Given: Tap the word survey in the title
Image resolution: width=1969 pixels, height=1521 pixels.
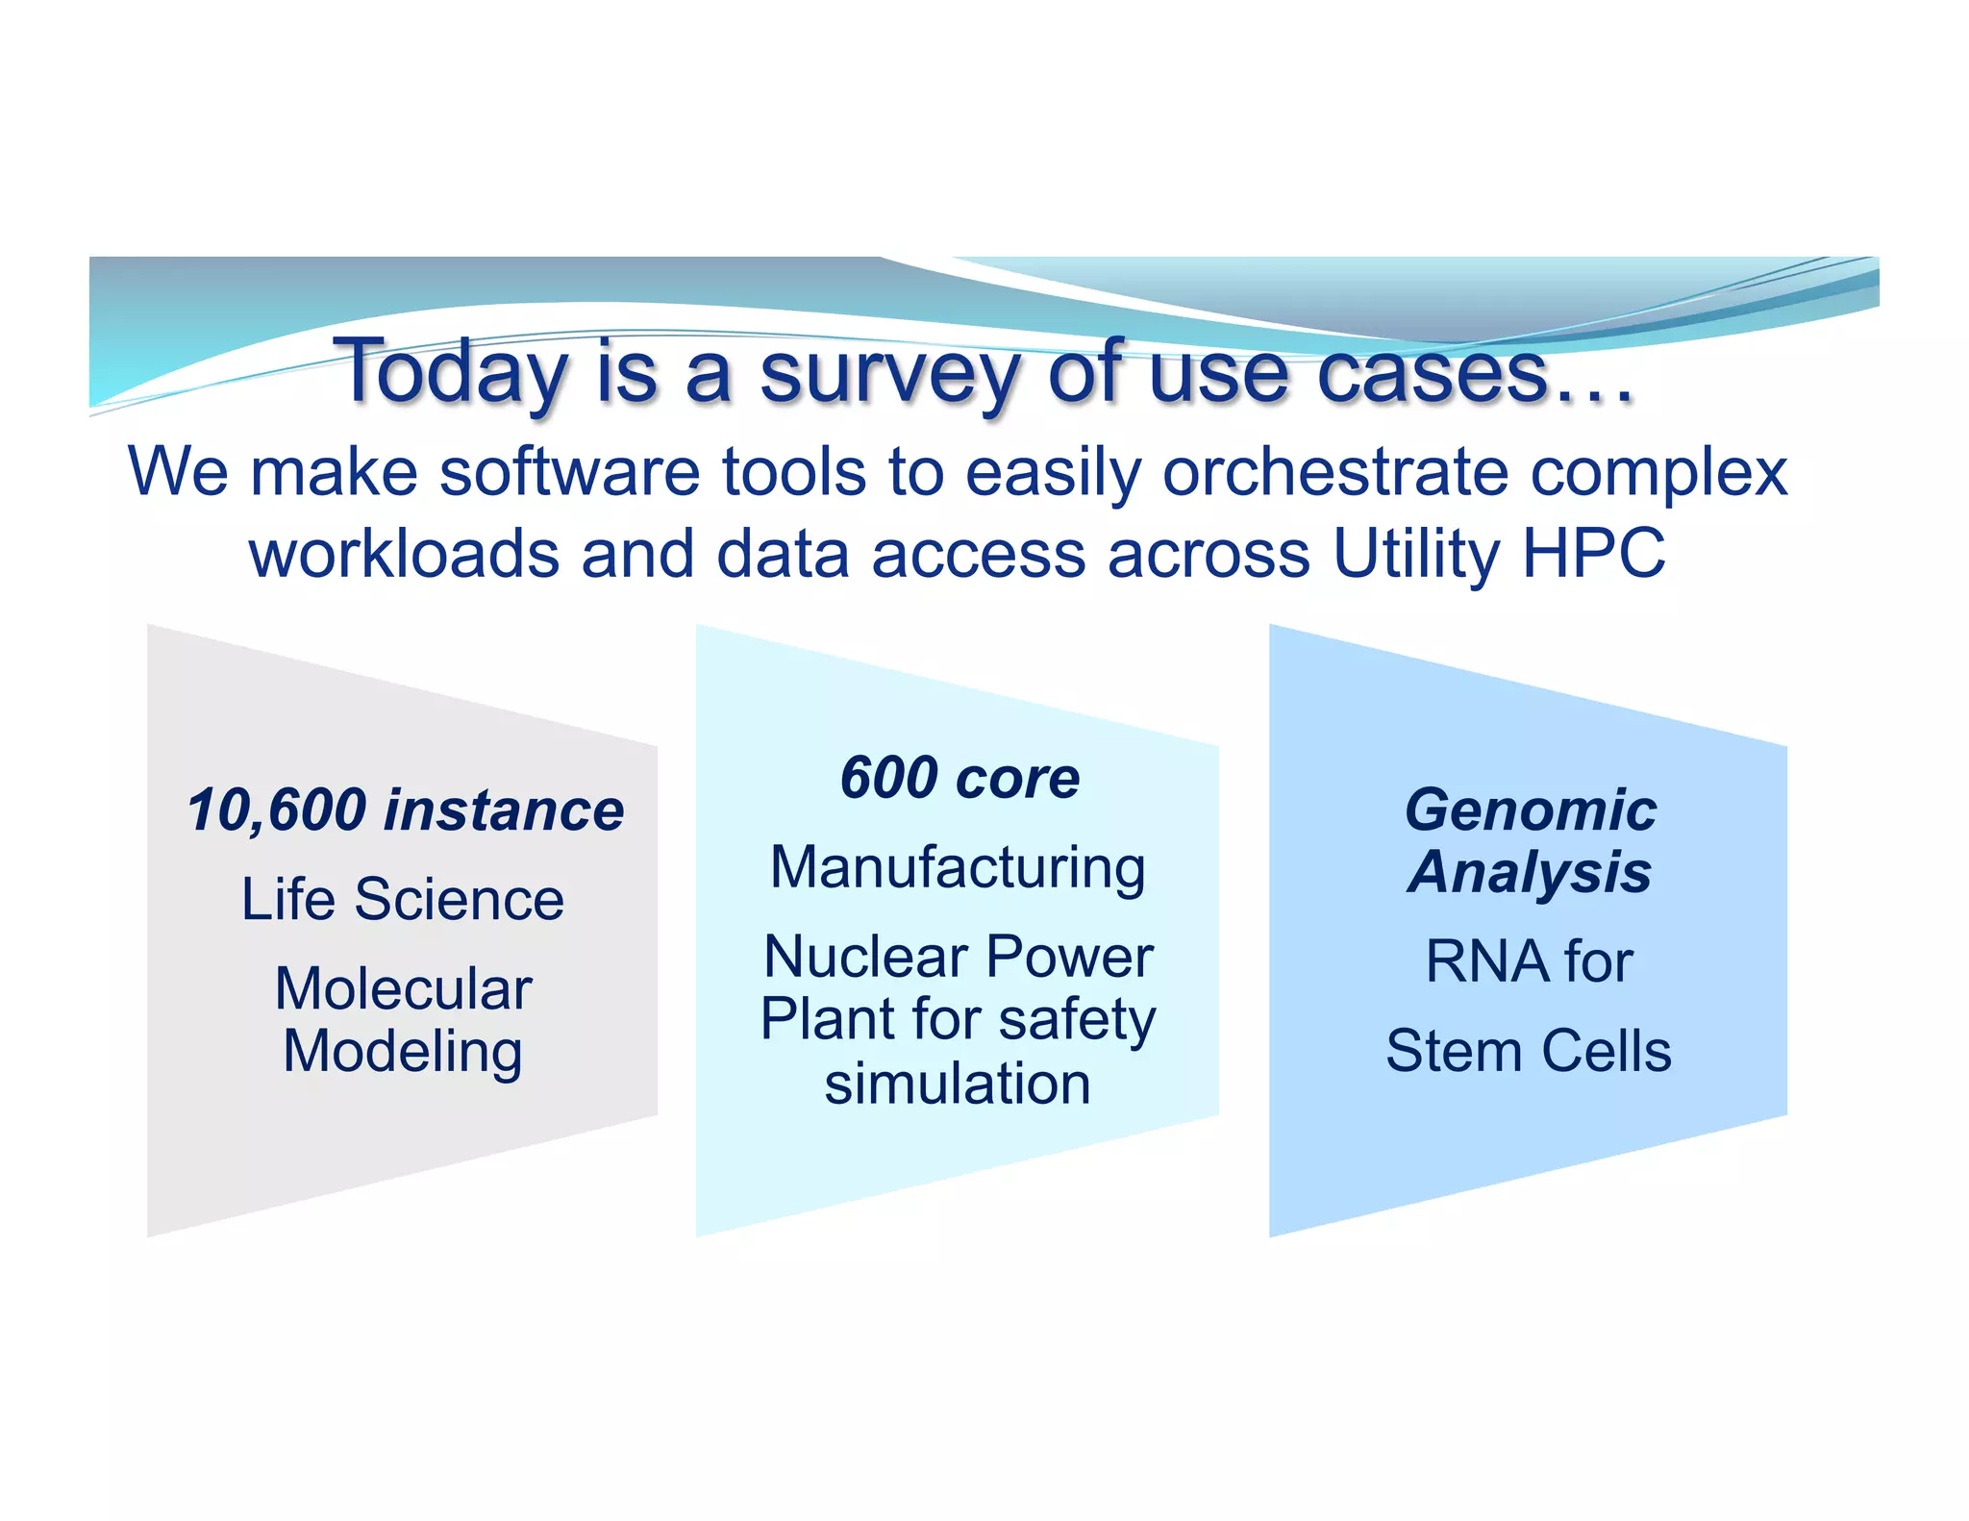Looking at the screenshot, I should pos(889,373).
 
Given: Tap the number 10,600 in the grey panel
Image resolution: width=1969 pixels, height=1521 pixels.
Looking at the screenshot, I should pos(277,810).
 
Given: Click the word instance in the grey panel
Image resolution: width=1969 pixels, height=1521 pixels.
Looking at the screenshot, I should pos(504,810).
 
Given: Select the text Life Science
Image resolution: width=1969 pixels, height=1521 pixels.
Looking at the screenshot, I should pos(402,899).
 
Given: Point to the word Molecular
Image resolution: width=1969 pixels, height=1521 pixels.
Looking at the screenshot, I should pos(403,988).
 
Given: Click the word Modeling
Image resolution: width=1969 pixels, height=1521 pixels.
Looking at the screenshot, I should pos(403,1051).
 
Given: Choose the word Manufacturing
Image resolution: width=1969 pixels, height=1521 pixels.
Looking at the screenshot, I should pos(958,867).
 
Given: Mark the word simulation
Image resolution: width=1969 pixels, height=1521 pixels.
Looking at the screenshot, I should pos(958,1084).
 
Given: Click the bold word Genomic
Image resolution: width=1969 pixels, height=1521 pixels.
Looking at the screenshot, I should pos(1530,810).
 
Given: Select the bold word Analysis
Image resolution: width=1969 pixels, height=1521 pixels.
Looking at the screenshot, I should pos(1530,872).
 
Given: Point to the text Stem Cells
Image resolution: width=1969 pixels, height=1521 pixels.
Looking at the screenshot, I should pos(1529,1051).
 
